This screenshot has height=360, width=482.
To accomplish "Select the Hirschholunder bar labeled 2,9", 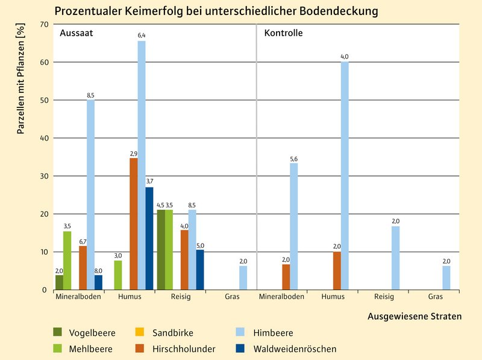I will [133, 224].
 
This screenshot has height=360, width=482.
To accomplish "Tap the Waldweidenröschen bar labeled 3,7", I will [149, 238].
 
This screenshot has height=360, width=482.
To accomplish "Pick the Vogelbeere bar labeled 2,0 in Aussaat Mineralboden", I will [59, 282].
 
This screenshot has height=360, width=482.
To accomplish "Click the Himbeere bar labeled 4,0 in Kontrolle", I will [345, 175].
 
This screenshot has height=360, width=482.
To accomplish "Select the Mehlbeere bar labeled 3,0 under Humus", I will [117, 275].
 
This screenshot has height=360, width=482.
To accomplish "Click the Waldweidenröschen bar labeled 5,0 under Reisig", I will [200, 270].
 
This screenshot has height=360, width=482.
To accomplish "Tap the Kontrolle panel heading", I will [283, 33].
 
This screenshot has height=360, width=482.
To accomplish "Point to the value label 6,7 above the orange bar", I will [83, 241].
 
